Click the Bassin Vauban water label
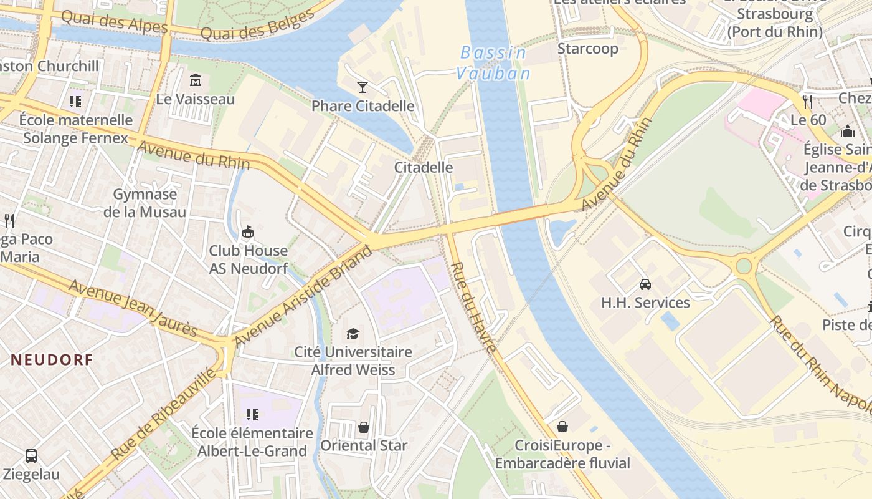coord(494,63)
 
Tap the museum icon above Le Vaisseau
coord(196,80)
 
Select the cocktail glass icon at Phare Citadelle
coord(363,87)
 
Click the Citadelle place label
coord(424,167)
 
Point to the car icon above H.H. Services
coord(645,284)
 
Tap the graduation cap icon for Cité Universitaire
coord(353,334)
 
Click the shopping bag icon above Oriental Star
coord(364,427)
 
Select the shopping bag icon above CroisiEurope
coord(562,427)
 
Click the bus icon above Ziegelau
coord(31,456)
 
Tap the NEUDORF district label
coord(52,359)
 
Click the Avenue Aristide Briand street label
coord(303,296)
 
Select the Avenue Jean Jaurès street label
coord(133,308)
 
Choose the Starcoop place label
coord(587,49)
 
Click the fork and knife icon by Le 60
coord(808,101)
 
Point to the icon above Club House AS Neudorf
coord(248,232)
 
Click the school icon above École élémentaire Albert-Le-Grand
coord(252,415)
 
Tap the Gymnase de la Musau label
coord(145,203)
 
